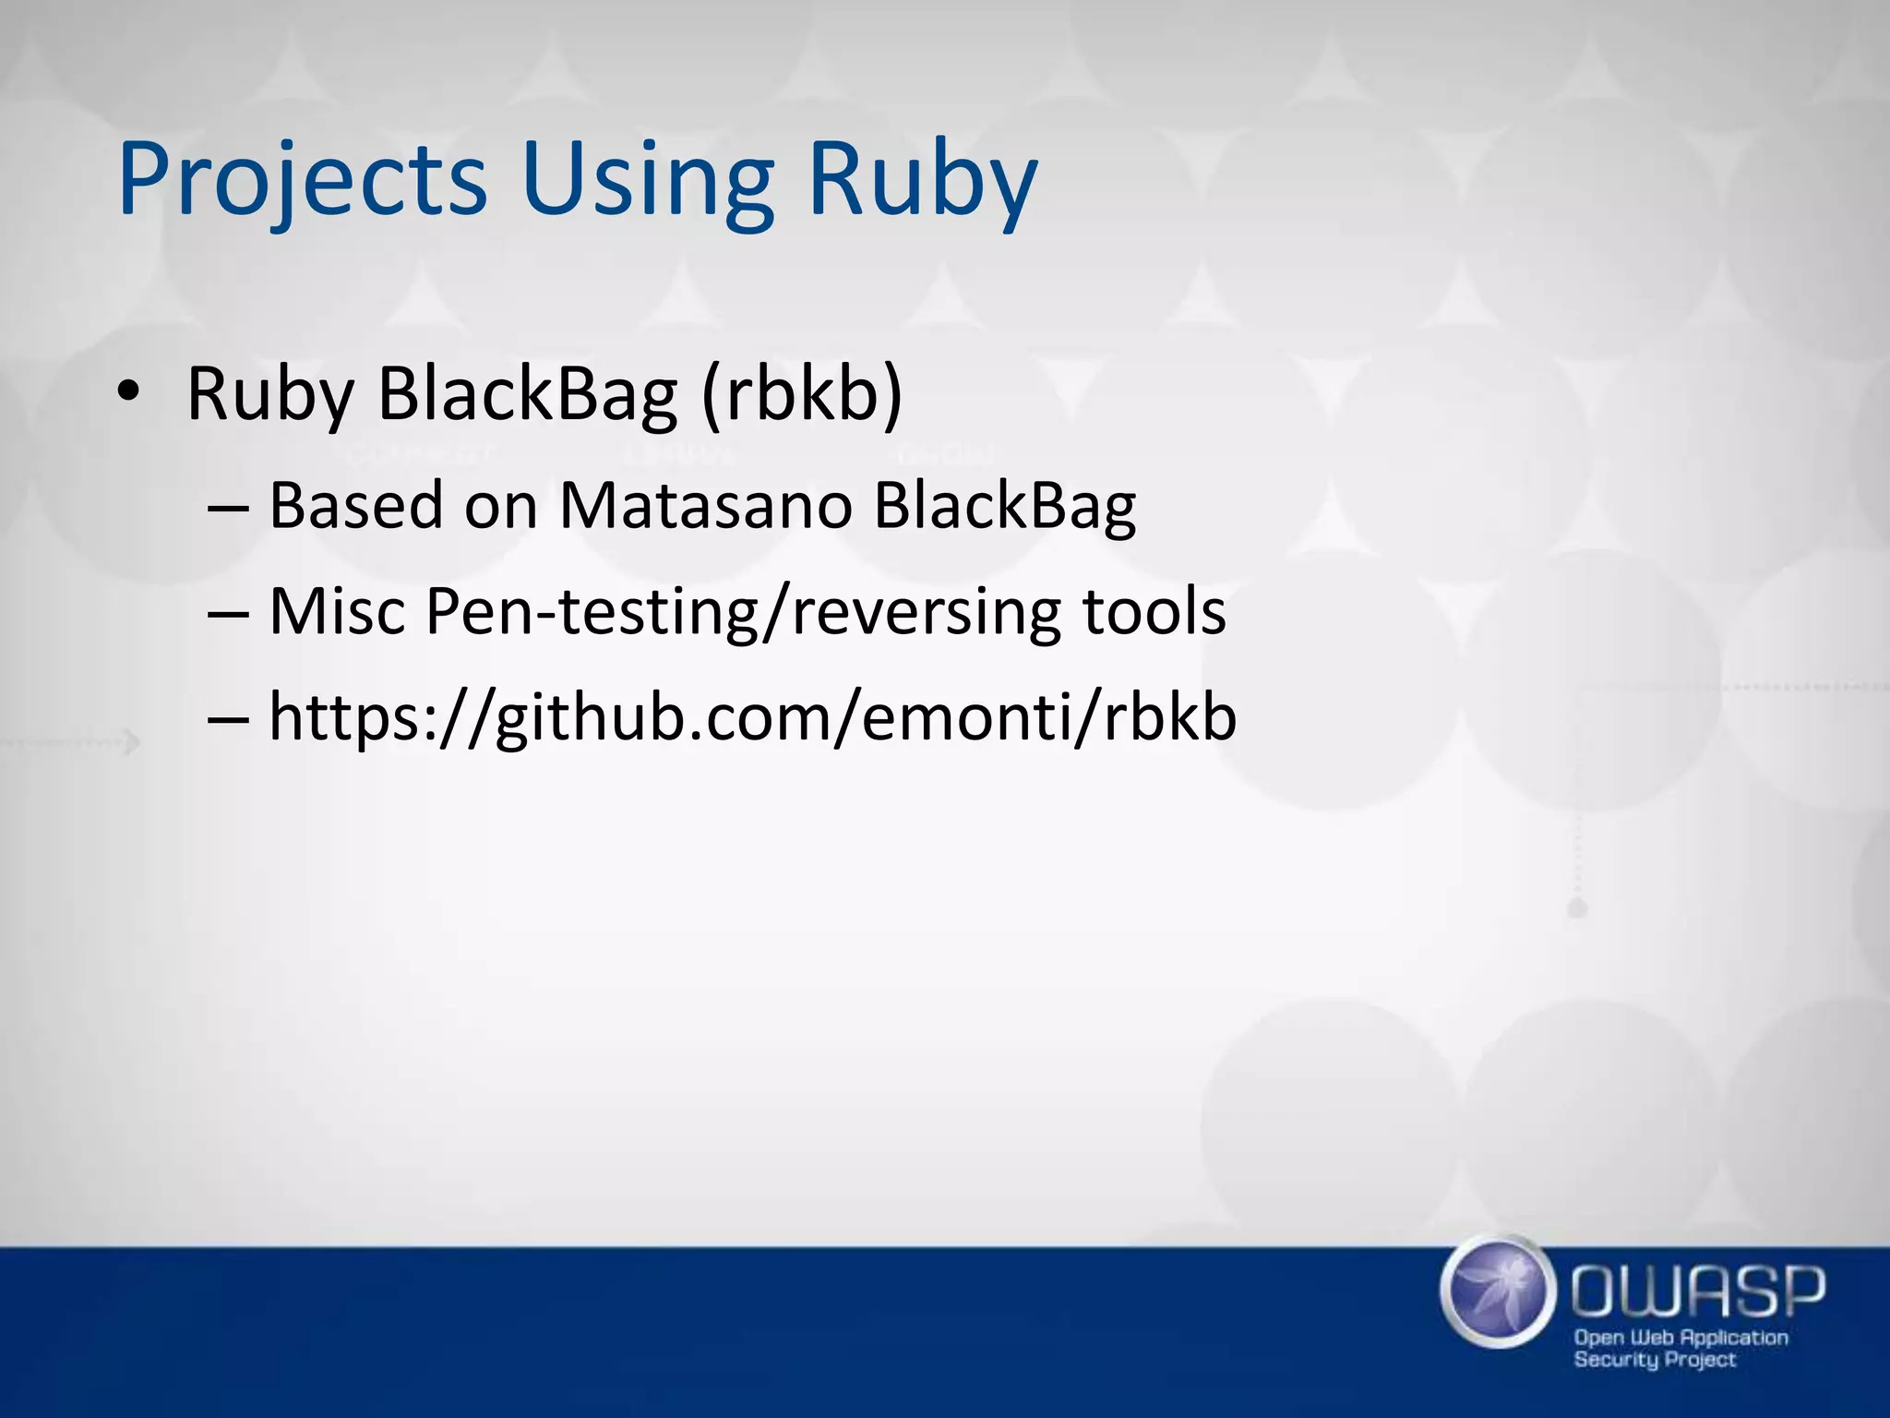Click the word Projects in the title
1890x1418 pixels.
click(x=302, y=180)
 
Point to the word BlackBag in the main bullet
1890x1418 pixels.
click(x=528, y=395)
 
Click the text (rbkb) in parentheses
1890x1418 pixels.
click(x=801, y=395)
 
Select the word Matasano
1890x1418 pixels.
click(x=705, y=506)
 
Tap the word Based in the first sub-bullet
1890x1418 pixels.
click(x=355, y=506)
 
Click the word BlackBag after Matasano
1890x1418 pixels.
click(x=1004, y=506)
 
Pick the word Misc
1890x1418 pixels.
click(x=337, y=611)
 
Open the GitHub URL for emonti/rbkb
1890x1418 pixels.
click(x=752, y=718)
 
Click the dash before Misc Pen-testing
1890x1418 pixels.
click(x=228, y=613)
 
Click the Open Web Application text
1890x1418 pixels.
click(x=1681, y=1338)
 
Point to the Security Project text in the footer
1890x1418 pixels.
click(x=1655, y=1360)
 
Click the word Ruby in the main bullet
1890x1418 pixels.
click(x=269, y=395)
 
